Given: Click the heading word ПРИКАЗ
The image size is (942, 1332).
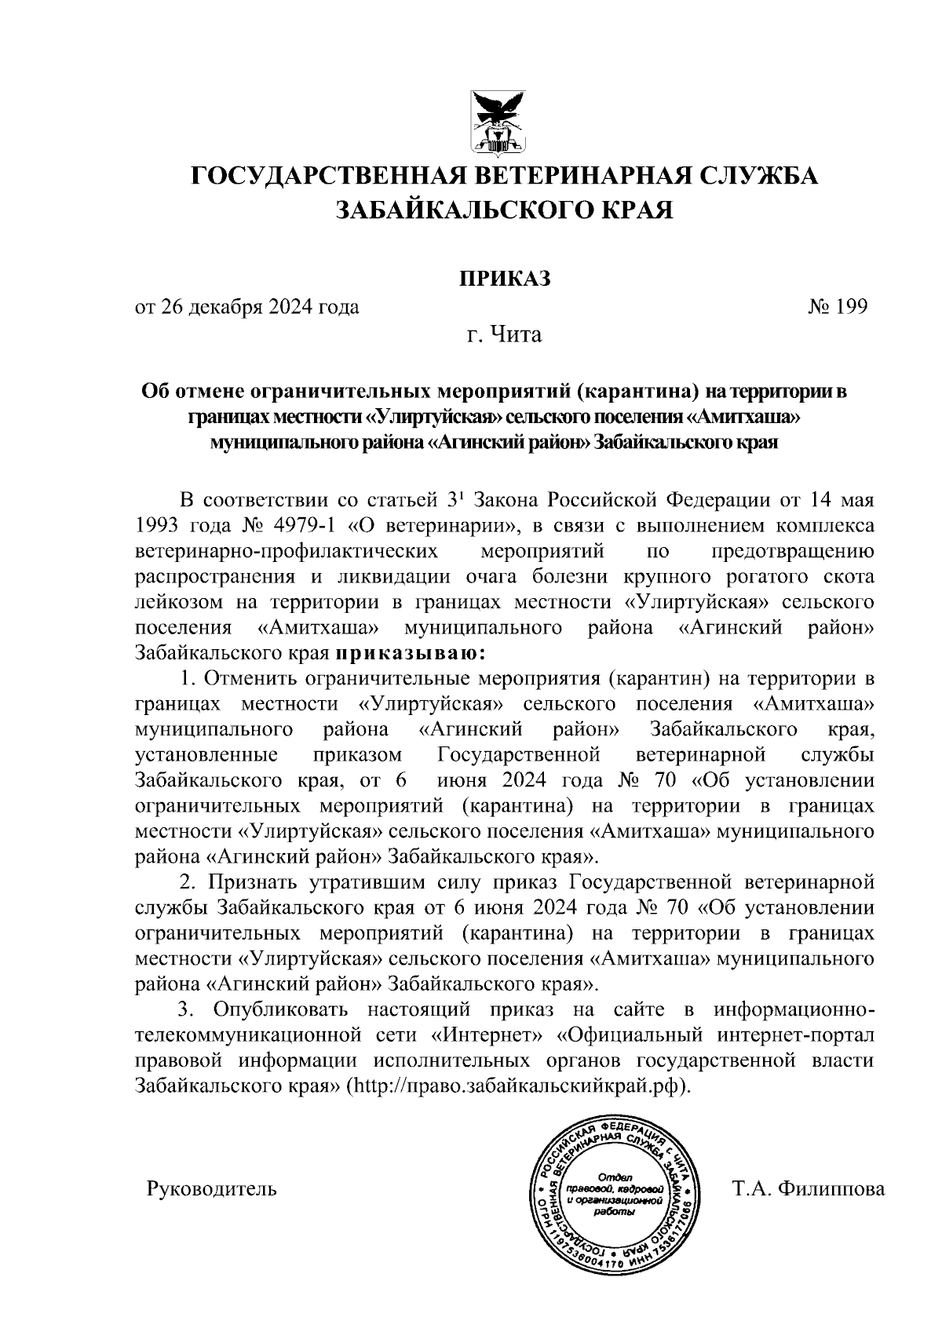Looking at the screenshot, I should coord(505,278).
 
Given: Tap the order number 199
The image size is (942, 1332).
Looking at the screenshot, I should coord(852,307).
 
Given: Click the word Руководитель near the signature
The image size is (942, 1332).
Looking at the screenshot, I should coord(212,1189).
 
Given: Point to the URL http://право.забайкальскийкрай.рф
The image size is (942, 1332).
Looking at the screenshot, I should coord(518,1086).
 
